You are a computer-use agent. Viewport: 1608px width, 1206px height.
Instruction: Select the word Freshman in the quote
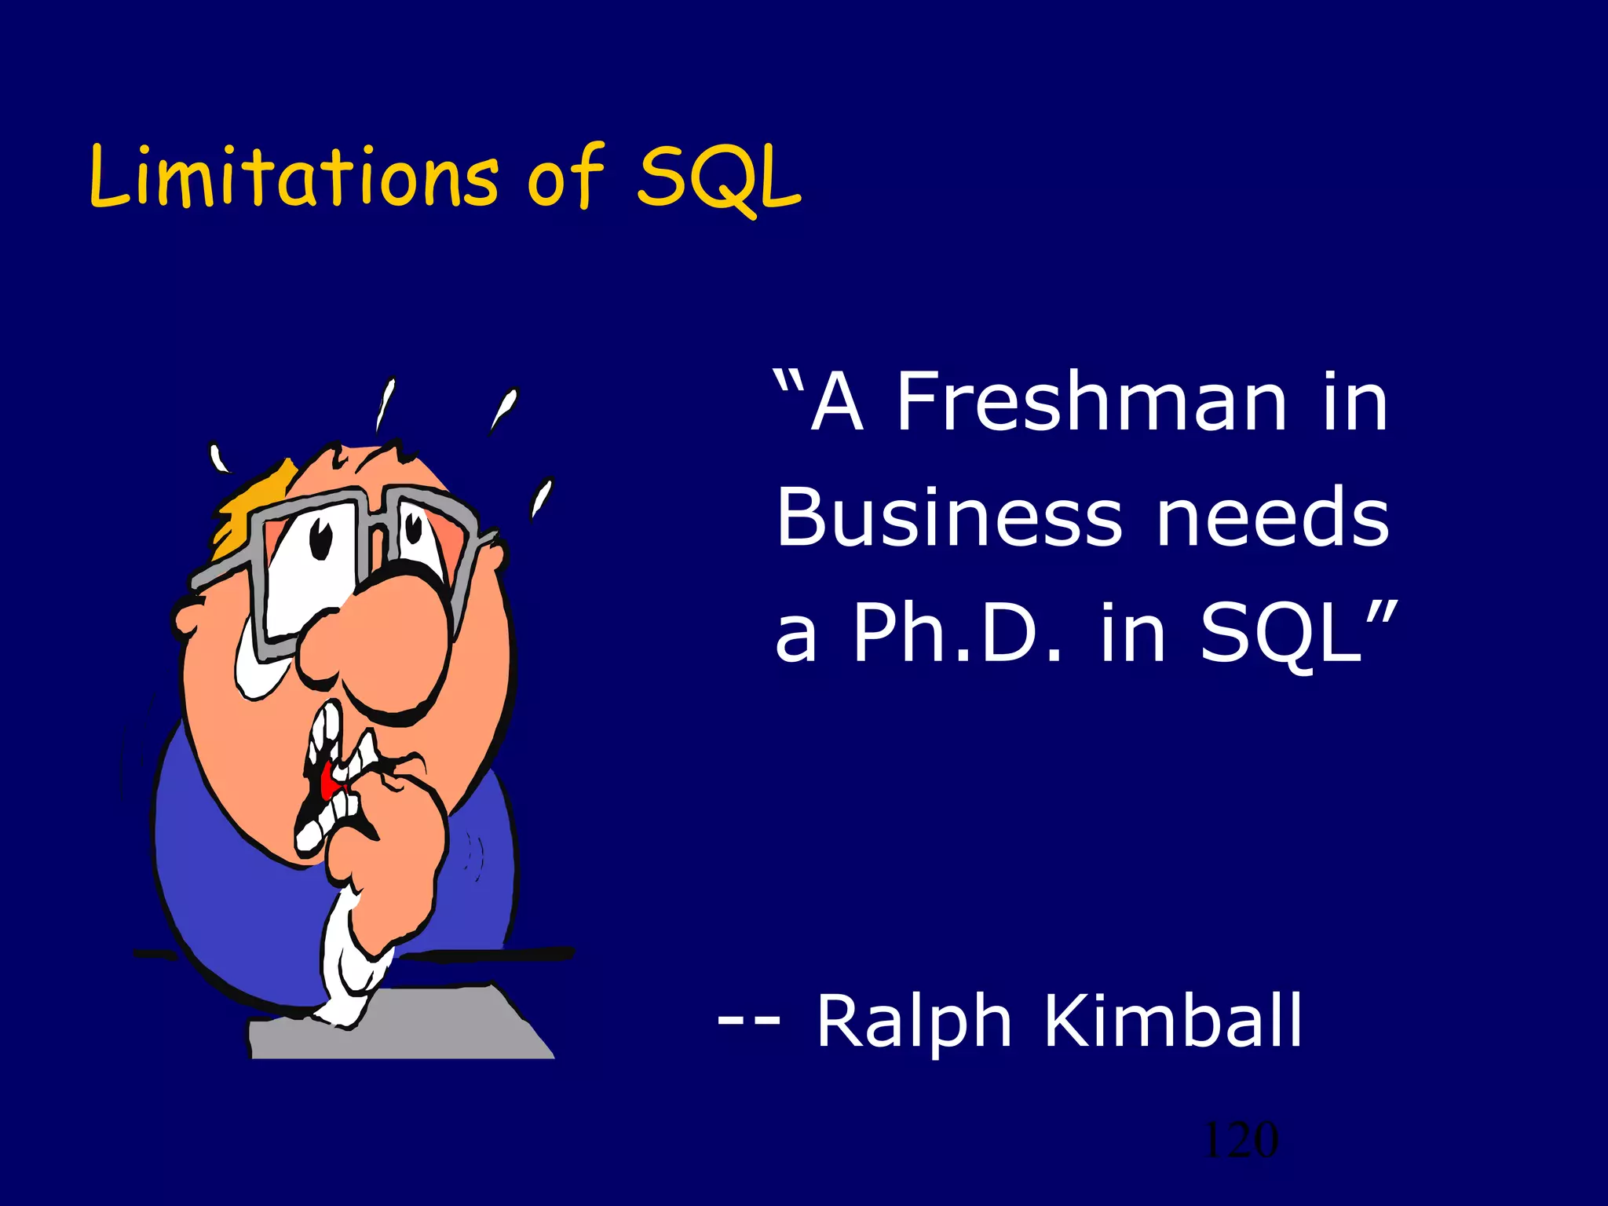tap(1091, 402)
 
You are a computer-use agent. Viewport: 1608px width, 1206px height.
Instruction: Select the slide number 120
tap(1241, 1140)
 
